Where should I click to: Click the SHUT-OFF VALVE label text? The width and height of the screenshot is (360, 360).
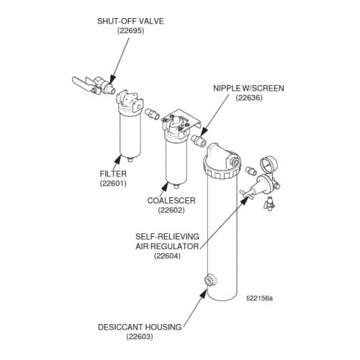click(130, 21)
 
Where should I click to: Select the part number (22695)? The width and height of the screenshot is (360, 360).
click(130, 32)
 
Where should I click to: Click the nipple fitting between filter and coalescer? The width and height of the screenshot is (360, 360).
click(153, 114)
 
